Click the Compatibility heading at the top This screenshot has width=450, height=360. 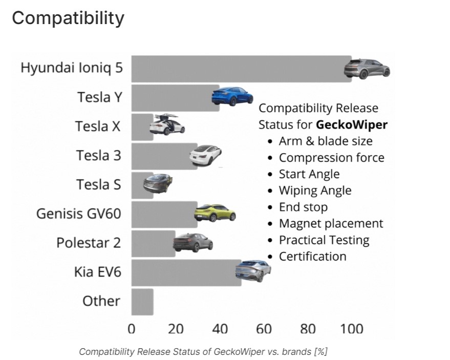point(68,18)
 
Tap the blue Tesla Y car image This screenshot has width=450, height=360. point(233,96)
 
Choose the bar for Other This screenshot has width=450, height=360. point(142,302)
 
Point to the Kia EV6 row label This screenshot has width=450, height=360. point(97,272)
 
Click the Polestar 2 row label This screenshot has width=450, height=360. point(89,242)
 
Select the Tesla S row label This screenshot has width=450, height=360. point(98,184)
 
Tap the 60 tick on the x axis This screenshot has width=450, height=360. point(264,328)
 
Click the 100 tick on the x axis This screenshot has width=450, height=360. point(351,328)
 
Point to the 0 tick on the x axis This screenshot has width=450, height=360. point(132,328)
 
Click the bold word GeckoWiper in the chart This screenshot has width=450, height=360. point(352,124)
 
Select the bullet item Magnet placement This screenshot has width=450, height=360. point(331,223)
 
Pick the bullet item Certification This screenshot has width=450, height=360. point(312,256)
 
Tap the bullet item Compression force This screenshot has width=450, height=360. point(331,158)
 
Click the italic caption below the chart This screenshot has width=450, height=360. point(203,351)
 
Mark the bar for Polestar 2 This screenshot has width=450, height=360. point(153,243)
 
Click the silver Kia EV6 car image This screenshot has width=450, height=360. point(253,270)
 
